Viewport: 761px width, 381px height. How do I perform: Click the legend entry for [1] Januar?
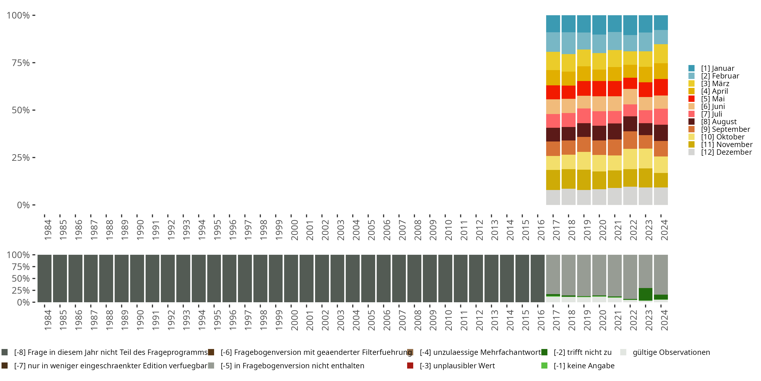click(717, 68)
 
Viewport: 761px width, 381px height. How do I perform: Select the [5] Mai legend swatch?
click(691, 99)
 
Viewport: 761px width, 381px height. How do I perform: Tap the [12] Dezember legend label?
click(726, 152)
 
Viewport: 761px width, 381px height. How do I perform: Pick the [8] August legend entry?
click(718, 122)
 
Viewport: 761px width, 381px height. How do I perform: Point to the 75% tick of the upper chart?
click(21, 63)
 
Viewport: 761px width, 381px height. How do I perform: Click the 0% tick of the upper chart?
click(23, 205)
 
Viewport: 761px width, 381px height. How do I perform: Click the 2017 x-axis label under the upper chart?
click(556, 230)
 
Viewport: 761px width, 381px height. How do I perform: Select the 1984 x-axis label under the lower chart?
click(48, 320)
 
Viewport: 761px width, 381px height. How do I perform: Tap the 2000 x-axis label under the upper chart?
click(294, 230)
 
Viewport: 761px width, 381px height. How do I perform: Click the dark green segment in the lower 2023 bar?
click(646, 294)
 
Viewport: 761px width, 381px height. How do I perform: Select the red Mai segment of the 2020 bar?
click(599, 88)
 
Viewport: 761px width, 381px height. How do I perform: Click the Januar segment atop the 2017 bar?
click(553, 24)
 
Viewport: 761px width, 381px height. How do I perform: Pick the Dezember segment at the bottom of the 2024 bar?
click(661, 196)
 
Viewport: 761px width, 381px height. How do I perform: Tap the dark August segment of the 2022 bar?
click(630, 124)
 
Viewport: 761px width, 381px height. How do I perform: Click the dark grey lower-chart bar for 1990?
click(137, 278)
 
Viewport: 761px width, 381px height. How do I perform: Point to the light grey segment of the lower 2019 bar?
click(584, 275)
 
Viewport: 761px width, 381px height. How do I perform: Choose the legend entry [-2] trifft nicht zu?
click(582, 352)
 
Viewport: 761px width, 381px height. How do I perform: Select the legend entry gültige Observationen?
click(671, 352)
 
